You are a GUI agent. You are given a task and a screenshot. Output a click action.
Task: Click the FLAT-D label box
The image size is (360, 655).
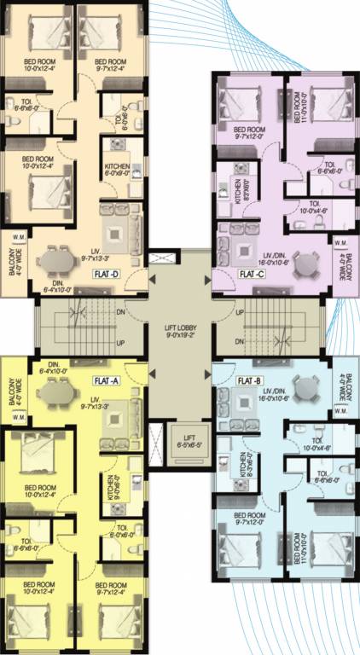(108, 275)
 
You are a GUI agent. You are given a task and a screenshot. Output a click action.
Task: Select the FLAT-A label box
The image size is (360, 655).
(105, 381)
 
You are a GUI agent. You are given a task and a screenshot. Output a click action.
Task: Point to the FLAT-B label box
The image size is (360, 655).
(249, 380)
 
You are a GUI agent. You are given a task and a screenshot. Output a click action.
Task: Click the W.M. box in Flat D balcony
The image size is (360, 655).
(18, 240)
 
